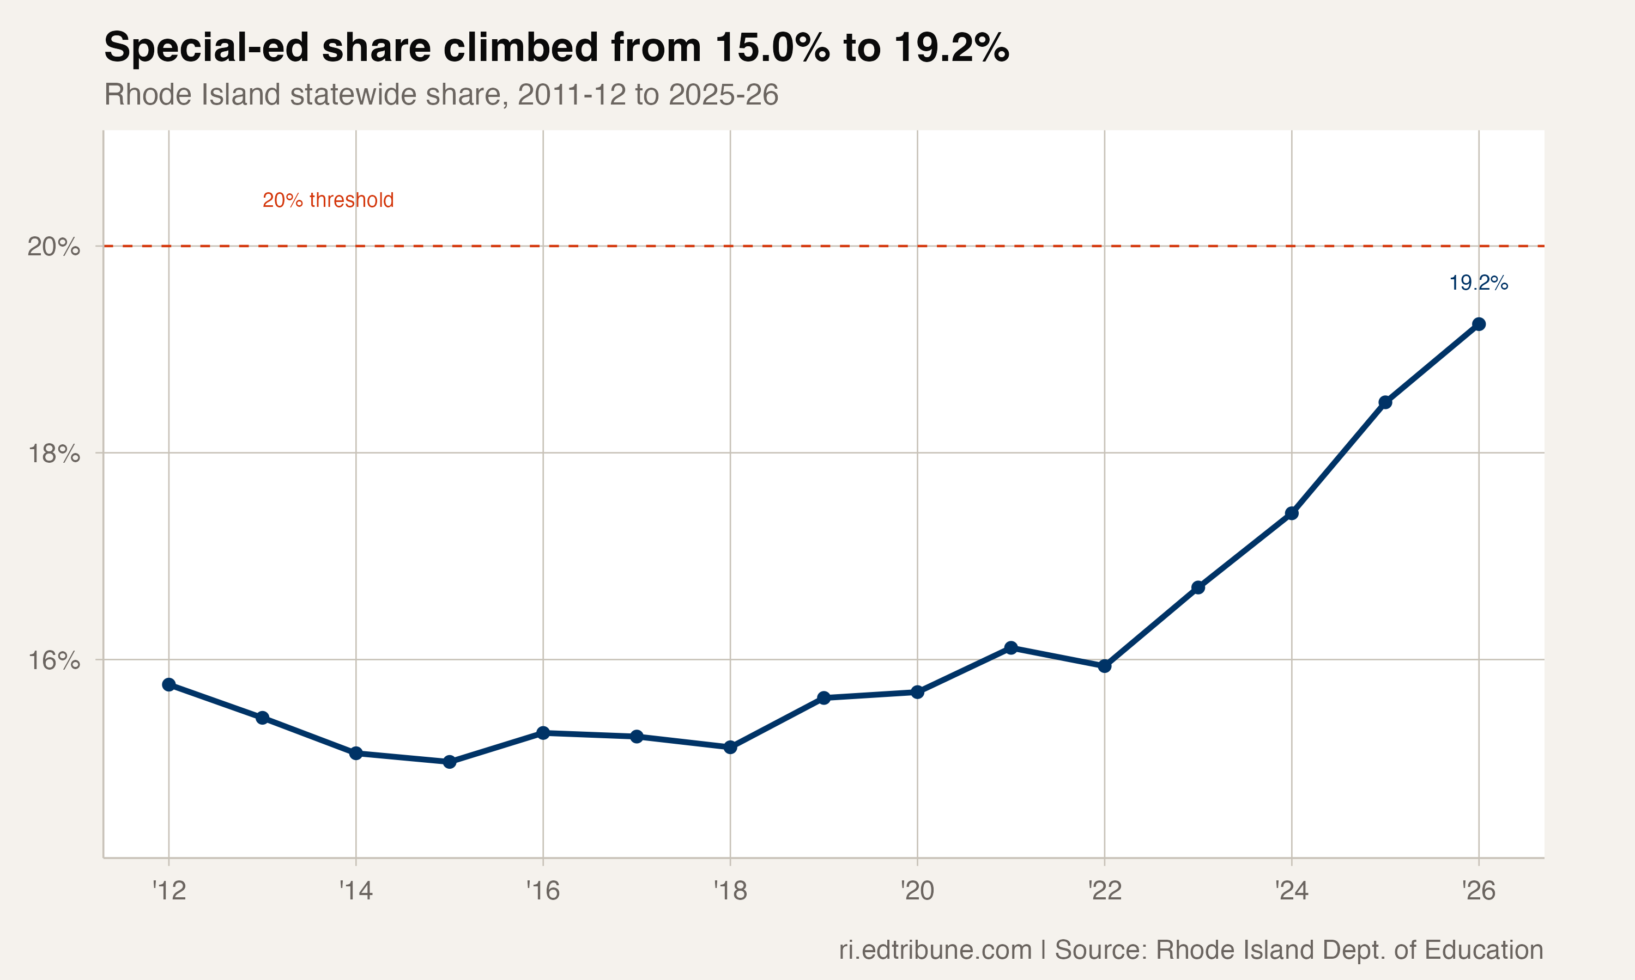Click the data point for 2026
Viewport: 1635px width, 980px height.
coord(1479,324)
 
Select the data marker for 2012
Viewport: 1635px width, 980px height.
coord(169,685)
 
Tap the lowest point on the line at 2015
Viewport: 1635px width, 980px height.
coord(450,762)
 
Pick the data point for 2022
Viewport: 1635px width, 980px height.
coord(1104,666)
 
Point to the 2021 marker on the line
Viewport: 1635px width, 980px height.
coord(1011,648)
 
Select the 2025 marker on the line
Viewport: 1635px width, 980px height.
coord(1385,402)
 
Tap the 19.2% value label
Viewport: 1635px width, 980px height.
coord(1479,283)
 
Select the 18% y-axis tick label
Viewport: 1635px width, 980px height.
coord(53,454)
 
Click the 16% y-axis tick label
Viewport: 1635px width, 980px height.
coord(53,660)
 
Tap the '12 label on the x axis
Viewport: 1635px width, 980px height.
coord(169,891)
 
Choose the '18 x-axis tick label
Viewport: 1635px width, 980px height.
coord(730,891)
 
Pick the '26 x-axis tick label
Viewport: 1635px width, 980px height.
coord(1479,891)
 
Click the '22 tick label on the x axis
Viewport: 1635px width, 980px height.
coord(1104,891)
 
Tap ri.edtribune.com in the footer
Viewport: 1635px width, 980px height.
coord(935,950)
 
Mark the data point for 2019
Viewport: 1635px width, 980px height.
coord(823,698)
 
